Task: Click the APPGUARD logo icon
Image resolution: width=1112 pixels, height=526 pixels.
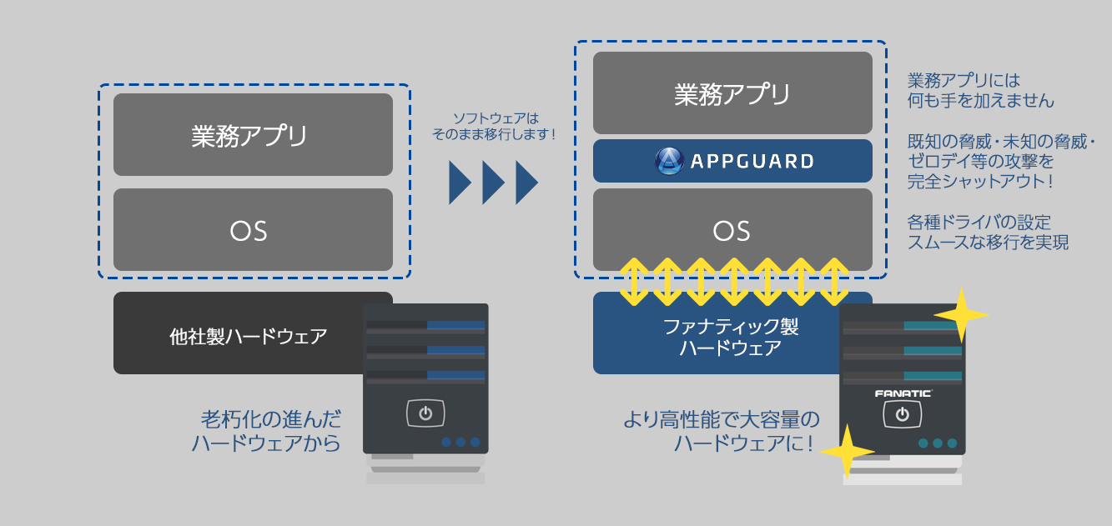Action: (669, 161)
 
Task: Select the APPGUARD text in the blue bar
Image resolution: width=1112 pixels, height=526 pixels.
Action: (752, 161)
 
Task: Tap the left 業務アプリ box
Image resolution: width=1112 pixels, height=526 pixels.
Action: (253, 134)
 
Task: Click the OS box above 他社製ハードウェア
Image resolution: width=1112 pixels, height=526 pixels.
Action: (253, 229)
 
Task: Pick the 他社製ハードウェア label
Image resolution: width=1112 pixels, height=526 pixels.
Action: (249, 337)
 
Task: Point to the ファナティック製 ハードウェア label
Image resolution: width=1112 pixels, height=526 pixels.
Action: (731, 337)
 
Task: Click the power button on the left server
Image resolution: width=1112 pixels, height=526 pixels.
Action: (425, 413)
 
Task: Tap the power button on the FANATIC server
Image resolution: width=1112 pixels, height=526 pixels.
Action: (902, 413)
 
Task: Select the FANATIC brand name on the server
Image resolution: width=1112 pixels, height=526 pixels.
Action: (903, 393)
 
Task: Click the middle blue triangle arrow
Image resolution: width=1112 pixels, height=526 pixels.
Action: (493, 182)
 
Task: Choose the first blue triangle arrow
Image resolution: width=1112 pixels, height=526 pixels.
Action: (460, 182)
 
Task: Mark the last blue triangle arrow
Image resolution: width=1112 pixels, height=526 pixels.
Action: (526, 182)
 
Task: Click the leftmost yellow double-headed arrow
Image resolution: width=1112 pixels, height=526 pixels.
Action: (634, 282)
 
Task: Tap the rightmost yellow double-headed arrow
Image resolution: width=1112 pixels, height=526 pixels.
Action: (834, 282)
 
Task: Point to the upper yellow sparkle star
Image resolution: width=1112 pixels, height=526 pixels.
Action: (962, 314)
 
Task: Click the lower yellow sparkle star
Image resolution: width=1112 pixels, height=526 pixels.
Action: (847, 452)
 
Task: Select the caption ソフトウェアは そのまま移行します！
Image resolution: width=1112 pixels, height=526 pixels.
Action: (495, 126)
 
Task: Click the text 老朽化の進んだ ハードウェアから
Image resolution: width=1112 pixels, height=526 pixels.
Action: (267, 431)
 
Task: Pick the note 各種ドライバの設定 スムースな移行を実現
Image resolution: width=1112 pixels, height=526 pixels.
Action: (988, 233)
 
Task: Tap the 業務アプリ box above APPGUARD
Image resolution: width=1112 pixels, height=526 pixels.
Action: (732, 93)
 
